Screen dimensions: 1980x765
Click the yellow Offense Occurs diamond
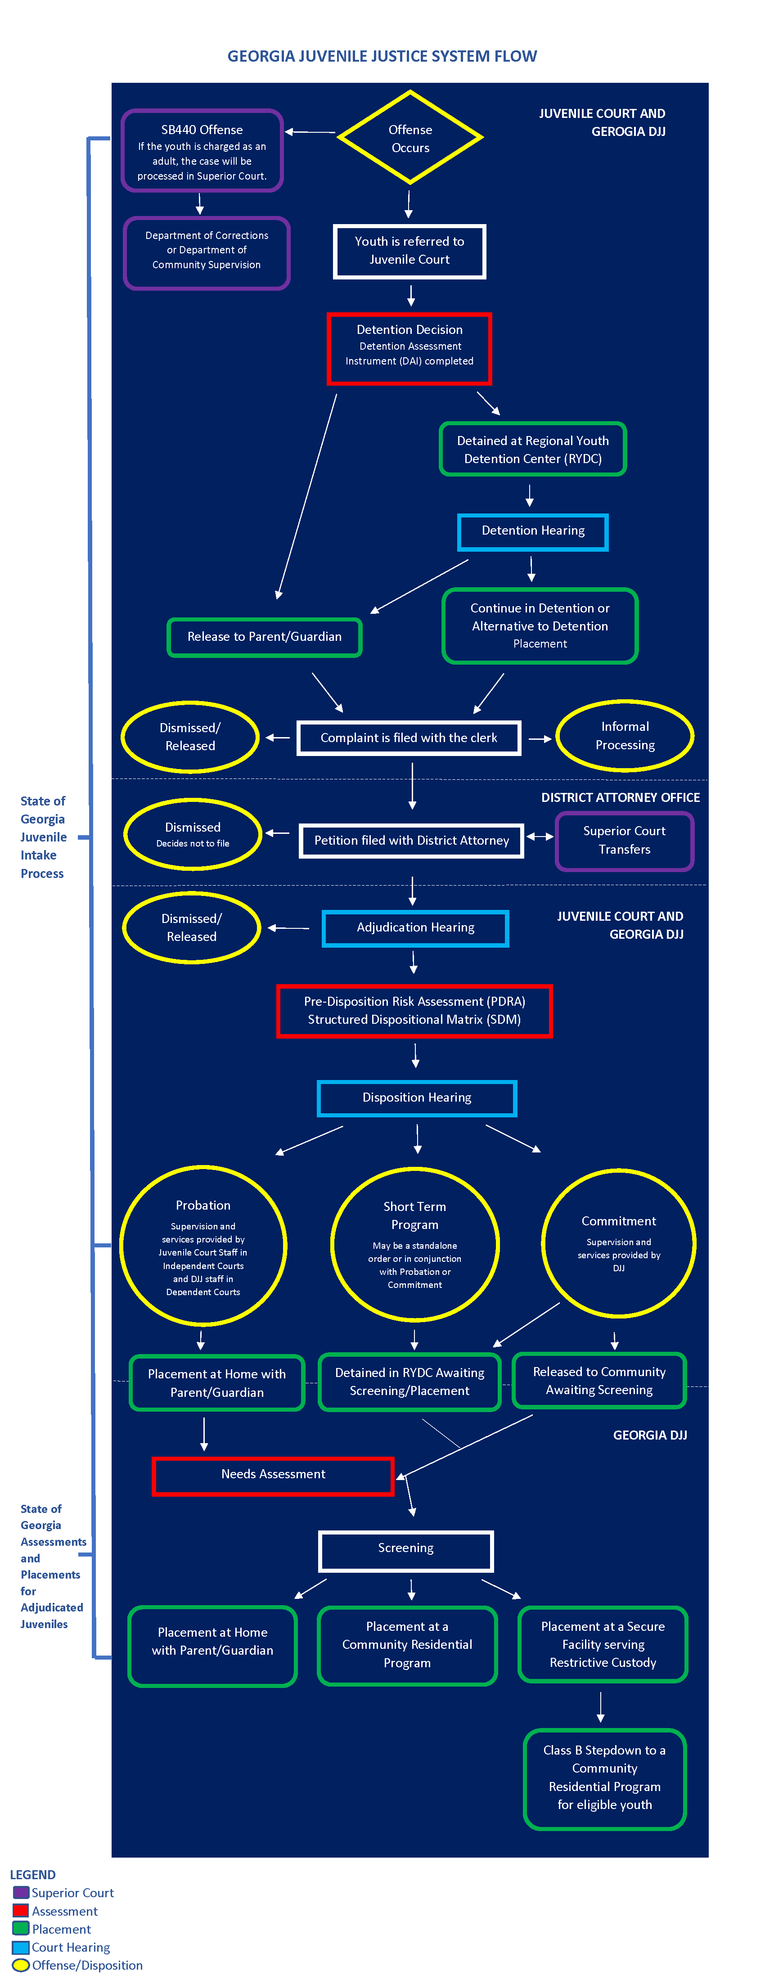(410, 138)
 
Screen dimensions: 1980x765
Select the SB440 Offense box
(202, 151)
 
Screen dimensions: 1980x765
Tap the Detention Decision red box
(409, 348)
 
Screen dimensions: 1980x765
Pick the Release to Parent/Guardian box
(265, 637)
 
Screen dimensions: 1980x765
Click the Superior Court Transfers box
(624, 841)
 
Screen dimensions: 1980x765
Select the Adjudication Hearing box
(415, 928)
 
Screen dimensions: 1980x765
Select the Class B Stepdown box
(604, 1778)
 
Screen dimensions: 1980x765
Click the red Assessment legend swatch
(21, 1910)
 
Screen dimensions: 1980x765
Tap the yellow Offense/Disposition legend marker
(21, 1965)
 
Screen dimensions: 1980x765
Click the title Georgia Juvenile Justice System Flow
(382, 56)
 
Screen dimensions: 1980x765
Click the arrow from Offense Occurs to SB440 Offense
(310, 132)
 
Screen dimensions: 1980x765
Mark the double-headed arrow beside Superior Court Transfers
(540, 836)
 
